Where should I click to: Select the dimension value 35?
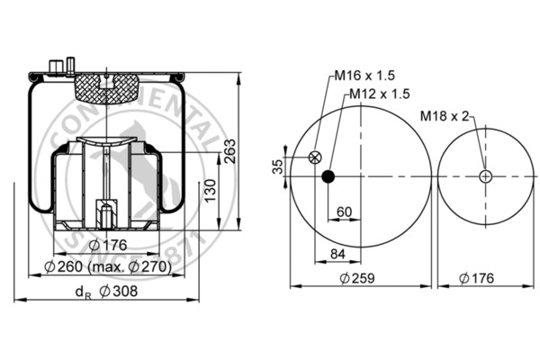pyautogui.click(x=277, y=166)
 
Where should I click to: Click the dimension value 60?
pyautogui.click(x=344, y=212)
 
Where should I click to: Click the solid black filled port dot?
pyautogui.click(x=328, y=176)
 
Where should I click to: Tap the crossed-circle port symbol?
pyautogui.click(x=314, y=157)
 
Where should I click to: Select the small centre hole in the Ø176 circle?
pyautogui.click(x=485, y=176)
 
